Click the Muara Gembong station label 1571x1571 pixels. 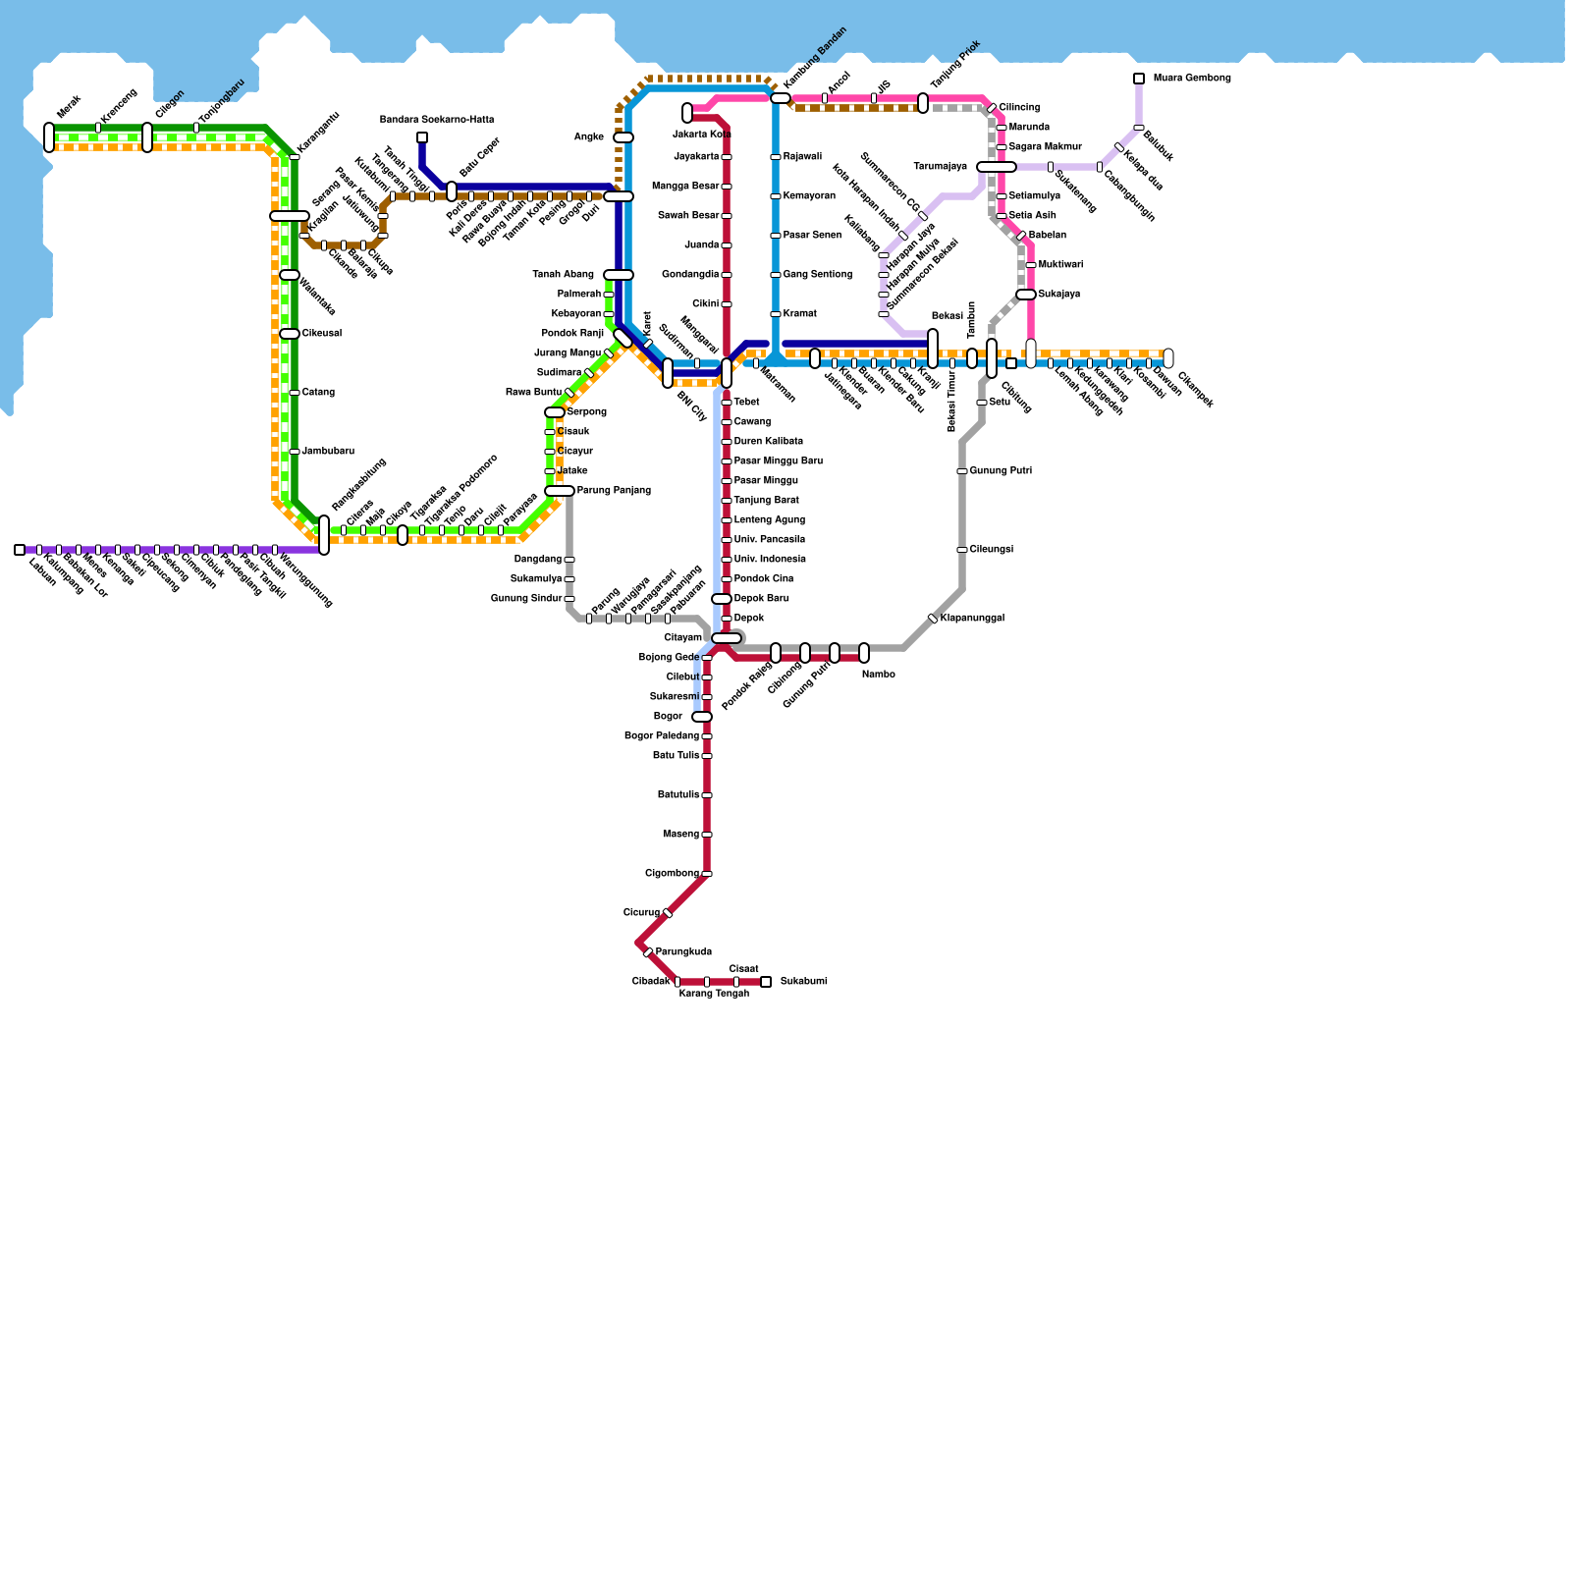tap(1191, 79)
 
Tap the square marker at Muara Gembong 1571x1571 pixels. tap(1139, 79)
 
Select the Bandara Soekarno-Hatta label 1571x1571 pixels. tap(437, 120)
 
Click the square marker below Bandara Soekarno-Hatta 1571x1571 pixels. tap(422, 137)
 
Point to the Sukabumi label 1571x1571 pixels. tap(803, 982)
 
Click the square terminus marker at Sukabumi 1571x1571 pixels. tap(766, 982)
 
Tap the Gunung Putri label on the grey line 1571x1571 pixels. tap(1001, 471)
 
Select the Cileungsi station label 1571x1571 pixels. tap(991, 550)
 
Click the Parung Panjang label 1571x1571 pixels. tap(614, 491)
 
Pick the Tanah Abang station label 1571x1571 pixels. tap(563, 275)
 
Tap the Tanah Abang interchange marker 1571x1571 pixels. tap(619, 275)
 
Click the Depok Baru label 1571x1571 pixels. tap(761, 599)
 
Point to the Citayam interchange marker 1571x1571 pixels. tap(727, 638)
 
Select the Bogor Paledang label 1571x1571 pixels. tap(662, 736)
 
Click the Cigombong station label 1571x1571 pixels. tap(672, 874)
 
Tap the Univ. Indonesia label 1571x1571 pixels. tap(770, 560)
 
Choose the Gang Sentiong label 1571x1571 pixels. tap(817, 275)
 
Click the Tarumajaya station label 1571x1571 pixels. tap(940, 167)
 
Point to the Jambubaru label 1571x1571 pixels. tap(328, 452)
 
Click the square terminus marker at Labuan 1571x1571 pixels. tap(20, 550)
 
